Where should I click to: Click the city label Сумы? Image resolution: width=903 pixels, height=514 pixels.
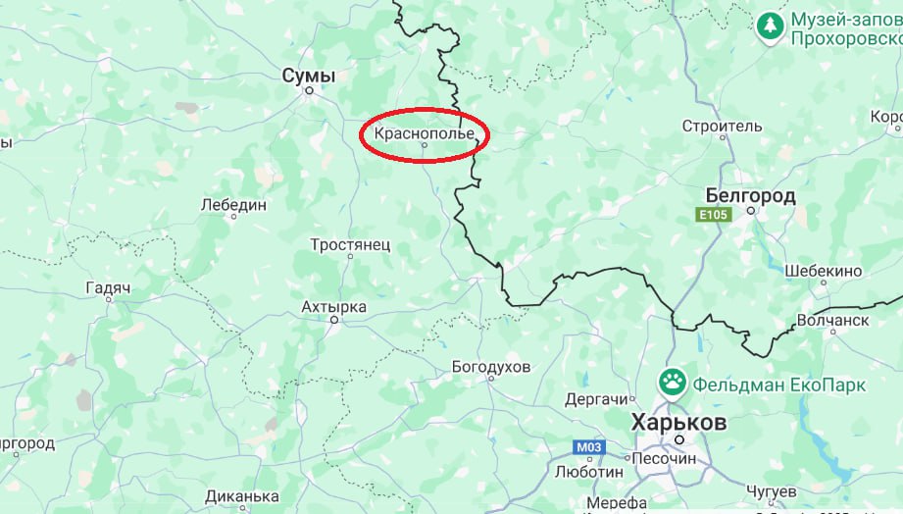pyautogui.click(x=308, y=76)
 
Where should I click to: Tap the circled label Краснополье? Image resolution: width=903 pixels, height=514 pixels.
pyautogui.click(x=424, y=132)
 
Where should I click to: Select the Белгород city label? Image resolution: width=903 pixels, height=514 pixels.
pyautogui.click(x=750, y=196)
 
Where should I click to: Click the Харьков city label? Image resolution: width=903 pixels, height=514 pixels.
pyautogui.click(x=678, y=423)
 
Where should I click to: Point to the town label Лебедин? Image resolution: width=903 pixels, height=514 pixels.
pyautogui.click(x=232, y=205)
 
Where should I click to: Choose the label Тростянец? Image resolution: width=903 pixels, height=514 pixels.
pyautogui.click(x=350, y=244)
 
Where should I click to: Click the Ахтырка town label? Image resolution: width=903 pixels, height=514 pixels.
pyautogui.click(x=333, y=307)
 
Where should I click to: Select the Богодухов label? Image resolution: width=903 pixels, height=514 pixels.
pyautogui.click(x=490, y=367)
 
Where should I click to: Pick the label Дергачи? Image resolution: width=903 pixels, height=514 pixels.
pyautogui.click(x=595, y=399)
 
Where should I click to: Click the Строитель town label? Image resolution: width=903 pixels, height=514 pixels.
pyautogui.click(x=722, y=127)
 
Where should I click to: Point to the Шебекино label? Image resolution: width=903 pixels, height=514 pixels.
pyautogui.click(x=823, y=271)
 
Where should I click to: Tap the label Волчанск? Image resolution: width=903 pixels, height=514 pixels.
pyautogui.click(x=832, y=320)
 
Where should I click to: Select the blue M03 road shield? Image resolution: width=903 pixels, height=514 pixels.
pyautogui.click(x=588, y=447)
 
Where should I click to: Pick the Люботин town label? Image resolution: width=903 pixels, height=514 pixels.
pyautogui.click(x=588, y=471)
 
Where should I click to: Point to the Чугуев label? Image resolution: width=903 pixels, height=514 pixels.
pyautogui.click(x=765, y=489)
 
